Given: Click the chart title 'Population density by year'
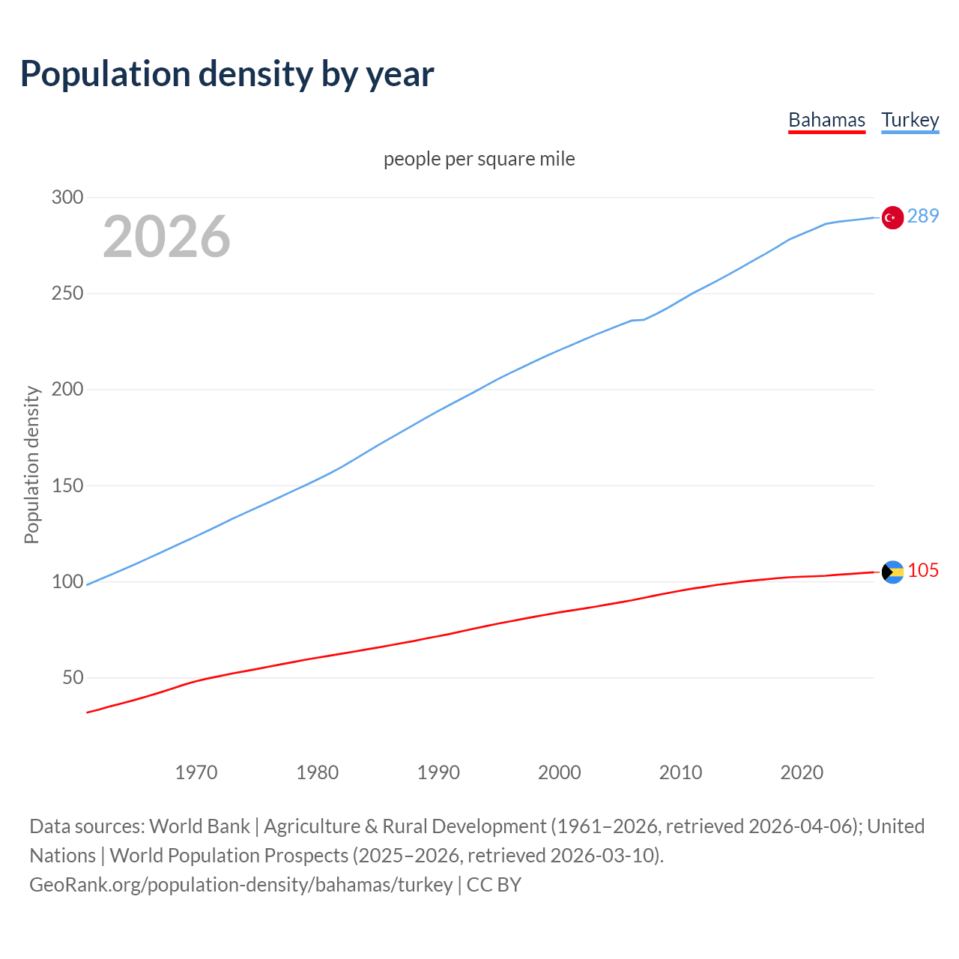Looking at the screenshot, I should (227, 73).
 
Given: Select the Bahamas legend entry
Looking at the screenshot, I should (826, 120).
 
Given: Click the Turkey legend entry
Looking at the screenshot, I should (910, 120).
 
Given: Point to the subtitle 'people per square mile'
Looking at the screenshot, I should (479, 159).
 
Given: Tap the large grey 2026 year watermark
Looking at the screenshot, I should (166, 237).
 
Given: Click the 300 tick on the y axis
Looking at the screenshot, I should (67, 197).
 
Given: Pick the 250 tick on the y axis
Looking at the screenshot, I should (67, 293).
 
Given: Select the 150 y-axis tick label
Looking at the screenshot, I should (67, 485).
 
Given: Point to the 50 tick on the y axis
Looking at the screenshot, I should (73, 677).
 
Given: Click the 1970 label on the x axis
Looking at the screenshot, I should (196, 772).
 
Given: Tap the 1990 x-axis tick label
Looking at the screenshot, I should (438, 772).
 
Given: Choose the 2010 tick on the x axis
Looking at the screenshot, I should (680, 772).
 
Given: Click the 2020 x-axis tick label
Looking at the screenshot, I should (802, 772).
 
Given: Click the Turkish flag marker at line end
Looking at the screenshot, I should (892, 217).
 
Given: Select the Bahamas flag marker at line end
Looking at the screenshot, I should (892, 572).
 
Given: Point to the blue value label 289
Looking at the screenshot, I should (923, 216).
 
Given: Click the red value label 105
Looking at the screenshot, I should (923, 570).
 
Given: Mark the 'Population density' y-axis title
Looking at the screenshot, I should (31, 465).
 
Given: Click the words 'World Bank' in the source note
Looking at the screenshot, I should (199, 826).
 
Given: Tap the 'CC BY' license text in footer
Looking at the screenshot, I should (494, 884).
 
